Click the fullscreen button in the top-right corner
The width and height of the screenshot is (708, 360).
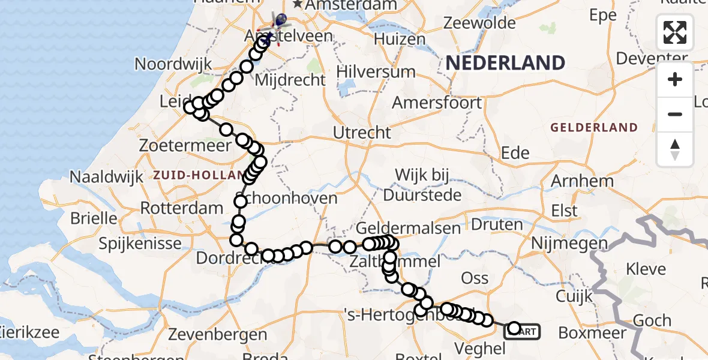tap(675, 32)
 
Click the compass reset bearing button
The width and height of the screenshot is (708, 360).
tap(675, 149)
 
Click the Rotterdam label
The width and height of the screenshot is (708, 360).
tap(173, 209)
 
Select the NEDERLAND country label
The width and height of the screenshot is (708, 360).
tap(505, 62)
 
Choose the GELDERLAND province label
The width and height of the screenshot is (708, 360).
tap(594, 128)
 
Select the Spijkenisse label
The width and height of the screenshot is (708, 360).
tap(140, 244)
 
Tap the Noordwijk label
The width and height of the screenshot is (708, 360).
tap(166, 64)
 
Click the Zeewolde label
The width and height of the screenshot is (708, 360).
tap(479, 23)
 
